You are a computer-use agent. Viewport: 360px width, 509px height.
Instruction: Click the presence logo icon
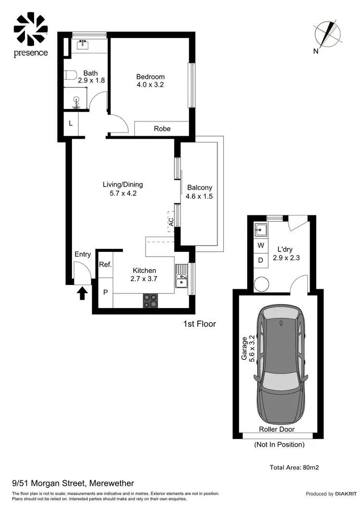click(31, 29)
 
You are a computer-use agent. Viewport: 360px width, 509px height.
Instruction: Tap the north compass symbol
click(328, 35)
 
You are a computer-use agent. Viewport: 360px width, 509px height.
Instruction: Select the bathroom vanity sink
click(82, 46)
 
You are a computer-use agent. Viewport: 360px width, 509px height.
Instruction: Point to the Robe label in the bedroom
click(162, 129)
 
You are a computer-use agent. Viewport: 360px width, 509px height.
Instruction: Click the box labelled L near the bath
click(71, 123)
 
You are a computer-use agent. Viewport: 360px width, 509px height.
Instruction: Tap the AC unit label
click(171, 222)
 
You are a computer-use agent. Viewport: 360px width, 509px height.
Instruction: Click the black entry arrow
click(82, 292)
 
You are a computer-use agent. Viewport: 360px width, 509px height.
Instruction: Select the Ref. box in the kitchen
click(105, 264)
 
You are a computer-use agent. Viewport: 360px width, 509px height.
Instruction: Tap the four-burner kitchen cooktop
click(150, 300)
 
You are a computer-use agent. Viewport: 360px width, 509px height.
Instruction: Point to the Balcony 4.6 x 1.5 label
click(200, 192)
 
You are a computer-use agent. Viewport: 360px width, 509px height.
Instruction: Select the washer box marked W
click(261, 245)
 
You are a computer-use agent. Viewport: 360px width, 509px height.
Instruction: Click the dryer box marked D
click(261, 260)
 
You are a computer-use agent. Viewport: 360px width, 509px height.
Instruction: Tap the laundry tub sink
click(261, 231)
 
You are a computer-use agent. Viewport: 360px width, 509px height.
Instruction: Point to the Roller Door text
click(276, 429)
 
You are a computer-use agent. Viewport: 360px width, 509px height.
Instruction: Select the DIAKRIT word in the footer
click(345, 494)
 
